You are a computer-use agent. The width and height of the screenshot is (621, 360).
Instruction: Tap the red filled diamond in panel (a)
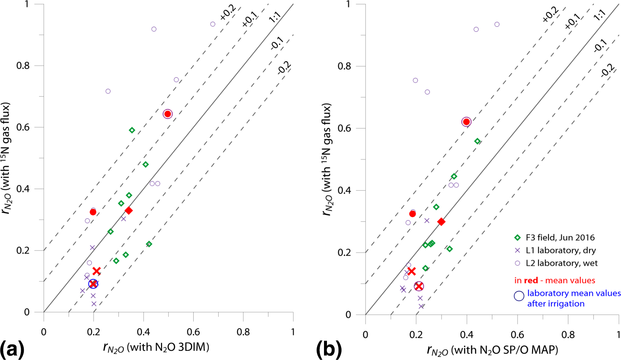[129, 210]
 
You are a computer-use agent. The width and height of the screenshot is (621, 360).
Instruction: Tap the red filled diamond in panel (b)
[441, 222]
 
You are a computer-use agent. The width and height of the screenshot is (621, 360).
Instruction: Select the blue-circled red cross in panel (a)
[93, 284]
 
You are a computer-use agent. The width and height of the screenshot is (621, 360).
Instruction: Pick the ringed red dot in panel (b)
[466, 122]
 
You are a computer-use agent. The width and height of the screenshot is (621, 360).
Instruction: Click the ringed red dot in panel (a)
[168, 114]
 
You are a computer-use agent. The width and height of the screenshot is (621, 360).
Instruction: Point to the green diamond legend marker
[518, 238]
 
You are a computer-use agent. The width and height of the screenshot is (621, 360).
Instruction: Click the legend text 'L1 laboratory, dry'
[561, 250]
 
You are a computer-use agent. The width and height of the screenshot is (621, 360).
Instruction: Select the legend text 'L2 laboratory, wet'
[561, 263]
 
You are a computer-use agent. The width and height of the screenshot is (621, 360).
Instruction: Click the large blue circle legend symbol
[519, 296]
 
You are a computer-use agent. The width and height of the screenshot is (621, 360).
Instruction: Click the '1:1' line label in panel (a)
[274, 17]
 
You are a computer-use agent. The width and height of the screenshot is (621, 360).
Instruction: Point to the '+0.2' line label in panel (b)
[550, 14]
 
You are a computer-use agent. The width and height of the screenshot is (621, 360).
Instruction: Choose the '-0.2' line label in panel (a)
[284, 68]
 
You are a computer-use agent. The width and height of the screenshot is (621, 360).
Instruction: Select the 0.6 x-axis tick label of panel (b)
[517, 335]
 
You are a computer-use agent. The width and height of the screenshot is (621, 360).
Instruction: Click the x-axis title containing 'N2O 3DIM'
[156, 347]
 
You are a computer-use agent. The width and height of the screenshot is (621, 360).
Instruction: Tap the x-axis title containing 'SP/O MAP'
[492, 350]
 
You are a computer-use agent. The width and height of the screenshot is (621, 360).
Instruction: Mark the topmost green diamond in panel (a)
[132, 130]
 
